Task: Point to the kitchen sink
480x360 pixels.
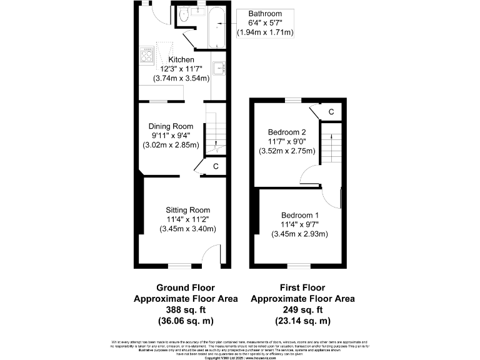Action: pyautogui.click(x=218, y=68)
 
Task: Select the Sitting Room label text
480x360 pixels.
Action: pyautogui.click(x=187, y=209)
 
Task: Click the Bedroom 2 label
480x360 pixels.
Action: pyautogui.click(x=287, y=132)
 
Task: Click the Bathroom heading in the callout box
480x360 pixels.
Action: pyautogui.click(x=265, y=14)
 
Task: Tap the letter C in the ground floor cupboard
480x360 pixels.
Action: pyautogui.click(x=216, y=166)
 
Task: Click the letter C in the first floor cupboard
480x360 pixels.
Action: pyautogui.click(x=331, y=112)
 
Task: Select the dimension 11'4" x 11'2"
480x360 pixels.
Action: pyautogui.click(x=187, y=219)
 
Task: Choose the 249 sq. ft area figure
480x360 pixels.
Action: pyautogui.click(x=302, y=309)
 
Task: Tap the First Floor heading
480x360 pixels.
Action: pyautogui.click(x=302, y=287)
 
